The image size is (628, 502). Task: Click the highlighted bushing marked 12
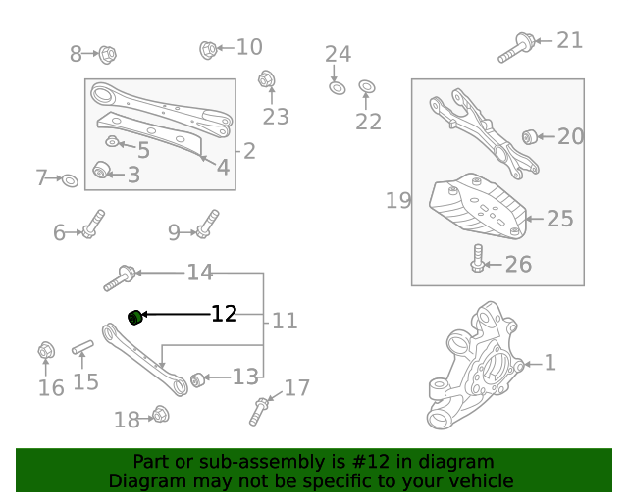[x=135, y=316]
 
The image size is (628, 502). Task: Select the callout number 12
[x=225, y=314]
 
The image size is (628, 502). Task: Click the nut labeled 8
[x=107, y=54]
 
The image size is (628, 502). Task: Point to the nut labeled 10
[x=208, y=48]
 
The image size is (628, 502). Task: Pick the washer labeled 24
[x=335, y=88]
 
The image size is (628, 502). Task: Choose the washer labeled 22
[x=366, y=87]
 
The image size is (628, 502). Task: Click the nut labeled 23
[x=266, y=78]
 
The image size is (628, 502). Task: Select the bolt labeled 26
[x=478, y=260]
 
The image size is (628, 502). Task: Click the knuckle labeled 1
[x=481, y=368]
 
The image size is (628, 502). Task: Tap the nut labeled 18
[x=161, y=415]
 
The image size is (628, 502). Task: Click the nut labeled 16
[x=45, y=350]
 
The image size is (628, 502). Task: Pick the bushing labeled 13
[x=197, y=379]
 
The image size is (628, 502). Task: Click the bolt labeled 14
[x=119, y=277]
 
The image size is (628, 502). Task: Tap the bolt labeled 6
[x=92, y=224]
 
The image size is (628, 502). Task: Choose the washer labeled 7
[x=70, y=180]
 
